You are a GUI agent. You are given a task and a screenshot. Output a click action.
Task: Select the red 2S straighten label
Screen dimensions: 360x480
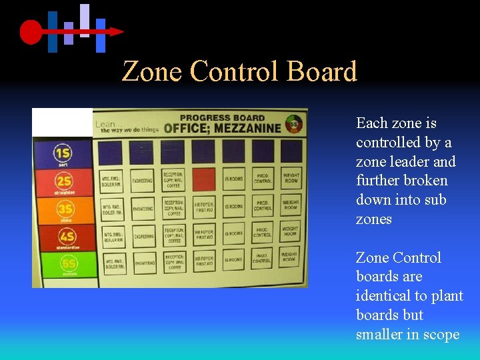(63, 183)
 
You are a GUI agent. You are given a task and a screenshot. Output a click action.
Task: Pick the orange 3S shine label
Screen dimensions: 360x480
(64, 211)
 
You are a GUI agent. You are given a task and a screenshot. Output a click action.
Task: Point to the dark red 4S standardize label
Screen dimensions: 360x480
(64, 239)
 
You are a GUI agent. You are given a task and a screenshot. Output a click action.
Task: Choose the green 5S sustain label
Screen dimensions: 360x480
(64, 265)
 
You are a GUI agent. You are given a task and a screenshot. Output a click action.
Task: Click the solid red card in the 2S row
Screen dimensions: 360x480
(204, 179)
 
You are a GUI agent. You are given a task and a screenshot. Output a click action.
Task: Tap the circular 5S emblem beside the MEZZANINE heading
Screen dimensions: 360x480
(293, 123)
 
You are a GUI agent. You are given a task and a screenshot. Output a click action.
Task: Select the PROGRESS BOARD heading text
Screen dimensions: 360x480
(222, 118)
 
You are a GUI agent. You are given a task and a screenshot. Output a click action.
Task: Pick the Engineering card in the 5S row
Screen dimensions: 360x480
(145, 263)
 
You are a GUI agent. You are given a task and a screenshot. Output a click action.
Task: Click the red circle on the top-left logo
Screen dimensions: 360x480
(31, 31)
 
